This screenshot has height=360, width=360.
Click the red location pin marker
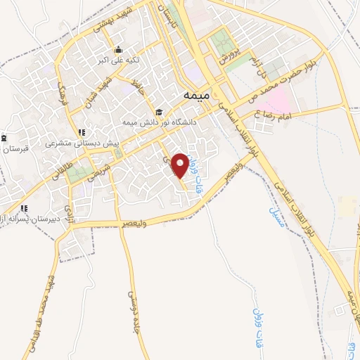(181, 165)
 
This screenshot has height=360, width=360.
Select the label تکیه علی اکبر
(119, 60)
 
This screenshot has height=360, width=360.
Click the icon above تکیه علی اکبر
(119, 50)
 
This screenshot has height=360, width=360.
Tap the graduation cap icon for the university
(160, 112)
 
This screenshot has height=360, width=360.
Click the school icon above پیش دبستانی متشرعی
(83, 131)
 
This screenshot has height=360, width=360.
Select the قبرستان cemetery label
(14, 148)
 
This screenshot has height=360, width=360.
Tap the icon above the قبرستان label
(5, 137)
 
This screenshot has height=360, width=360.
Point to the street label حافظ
(143, 89)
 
